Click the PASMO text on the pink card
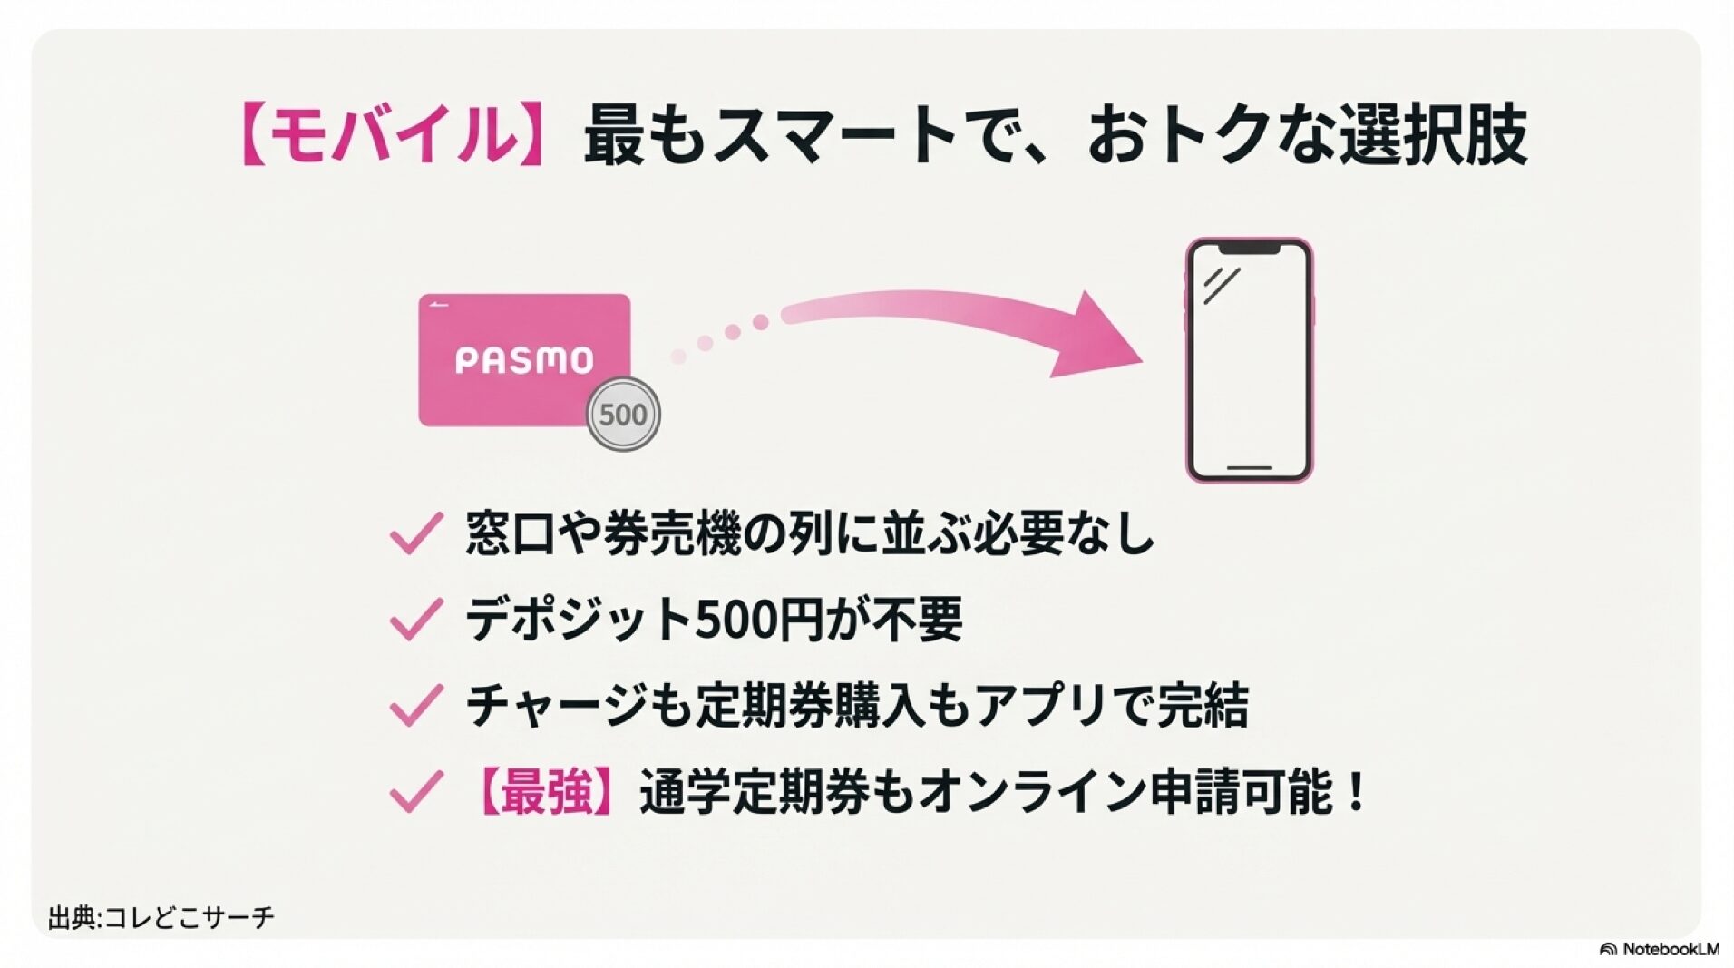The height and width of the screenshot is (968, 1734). (523, 360)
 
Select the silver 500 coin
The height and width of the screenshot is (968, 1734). (623, 415)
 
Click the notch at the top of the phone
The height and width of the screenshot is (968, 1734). (1249, 248)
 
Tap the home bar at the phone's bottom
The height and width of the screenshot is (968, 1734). (1249, 468)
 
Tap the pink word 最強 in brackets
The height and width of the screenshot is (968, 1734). (546, 791)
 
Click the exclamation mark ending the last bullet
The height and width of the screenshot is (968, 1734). (1356, 791)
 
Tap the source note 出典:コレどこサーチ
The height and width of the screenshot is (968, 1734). (161, 917)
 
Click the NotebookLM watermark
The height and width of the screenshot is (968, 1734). (1660, 949)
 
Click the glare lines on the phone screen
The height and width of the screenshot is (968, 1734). (1221, 286)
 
